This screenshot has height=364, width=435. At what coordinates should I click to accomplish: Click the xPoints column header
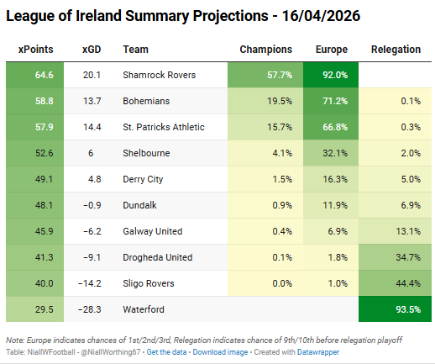[x=34, y=50]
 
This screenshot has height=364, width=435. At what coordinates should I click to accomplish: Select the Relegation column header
[x=396, y=50]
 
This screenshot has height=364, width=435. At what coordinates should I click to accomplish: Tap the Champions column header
[x=266, y=50]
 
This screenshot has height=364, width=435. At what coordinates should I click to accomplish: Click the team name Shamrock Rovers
[x=158, y=76]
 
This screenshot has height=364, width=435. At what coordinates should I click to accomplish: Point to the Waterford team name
[x=144, y=309]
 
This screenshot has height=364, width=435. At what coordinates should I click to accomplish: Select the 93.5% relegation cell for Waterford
[x=396, y=309]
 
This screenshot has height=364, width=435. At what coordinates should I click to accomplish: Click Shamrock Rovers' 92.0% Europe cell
[x=332, y=76]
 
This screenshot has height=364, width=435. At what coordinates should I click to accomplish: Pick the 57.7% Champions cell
[x=266, y=76]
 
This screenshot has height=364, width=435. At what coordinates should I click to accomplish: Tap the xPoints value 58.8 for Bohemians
[x=34, y=101]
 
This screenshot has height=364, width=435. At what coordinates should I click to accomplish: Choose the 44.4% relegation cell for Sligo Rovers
[x=396, y=283]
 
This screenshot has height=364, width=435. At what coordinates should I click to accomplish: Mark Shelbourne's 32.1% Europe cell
[x=332, y=153]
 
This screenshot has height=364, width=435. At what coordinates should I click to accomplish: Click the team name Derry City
[x=144, y=179]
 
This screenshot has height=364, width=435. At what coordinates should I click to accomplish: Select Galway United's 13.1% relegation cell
[x=396, y=231]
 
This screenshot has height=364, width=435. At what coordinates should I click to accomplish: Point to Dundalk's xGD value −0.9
[x=91, y=205]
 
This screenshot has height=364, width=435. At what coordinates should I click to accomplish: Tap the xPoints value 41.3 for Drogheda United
[x=34, y=257]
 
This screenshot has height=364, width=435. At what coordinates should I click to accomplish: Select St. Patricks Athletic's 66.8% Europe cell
[x=332, y=127]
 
